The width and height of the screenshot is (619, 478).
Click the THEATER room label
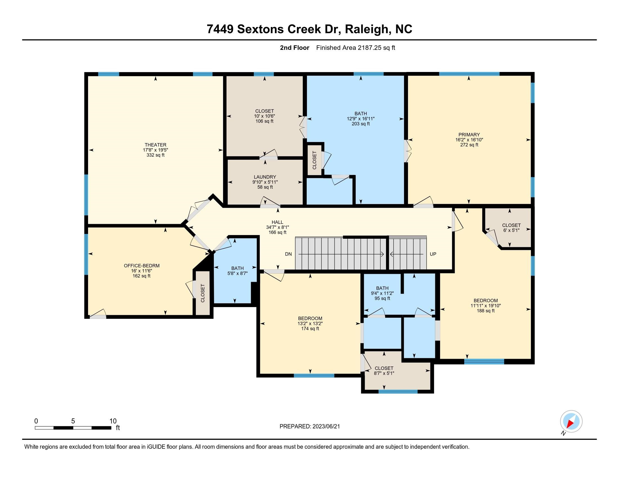pyautogui.click(x=155, y=145)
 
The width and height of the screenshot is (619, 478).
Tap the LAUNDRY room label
pyautogui.click(x=265, y=177)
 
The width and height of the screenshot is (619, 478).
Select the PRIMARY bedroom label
pyautogui.click(x=469, y=134)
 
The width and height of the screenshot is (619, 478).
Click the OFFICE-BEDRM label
pyautogui.click(x=142, y=266)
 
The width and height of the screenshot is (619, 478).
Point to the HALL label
pyautogui.click(x=277, y=222)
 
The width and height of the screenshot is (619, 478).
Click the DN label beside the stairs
pyautogui.click(x=288, y=254)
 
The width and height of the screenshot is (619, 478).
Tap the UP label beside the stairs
pyautogui.click(x=433, y=254)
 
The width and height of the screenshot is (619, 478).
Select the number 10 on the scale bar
pyautogui.click(x=113, y=421)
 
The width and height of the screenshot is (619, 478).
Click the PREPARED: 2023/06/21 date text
pyautogui.click(x=309, y=427)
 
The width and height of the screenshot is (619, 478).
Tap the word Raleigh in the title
pyautogui.click(x=366, y=29)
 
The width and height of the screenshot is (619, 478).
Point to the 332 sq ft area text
pyautogui.click(x=155, y=155)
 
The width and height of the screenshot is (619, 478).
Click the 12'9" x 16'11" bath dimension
pyautogui.click(x=360, y=119)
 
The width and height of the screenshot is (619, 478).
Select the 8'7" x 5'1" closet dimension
pyautogui.click(x=384, y=373)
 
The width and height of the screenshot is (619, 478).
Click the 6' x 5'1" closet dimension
pyautogui.click(x=511, y=230)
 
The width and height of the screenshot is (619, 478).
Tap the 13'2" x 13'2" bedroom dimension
pyautogui.click(x=310, y=323)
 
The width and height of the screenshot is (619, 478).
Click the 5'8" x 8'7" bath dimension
pyautogui.click(x=237, y=274)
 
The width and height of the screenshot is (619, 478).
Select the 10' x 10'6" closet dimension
pyautogui.click(x=264, y=116)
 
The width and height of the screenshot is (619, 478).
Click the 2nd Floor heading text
pyautogui.click(x=295, y=48)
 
